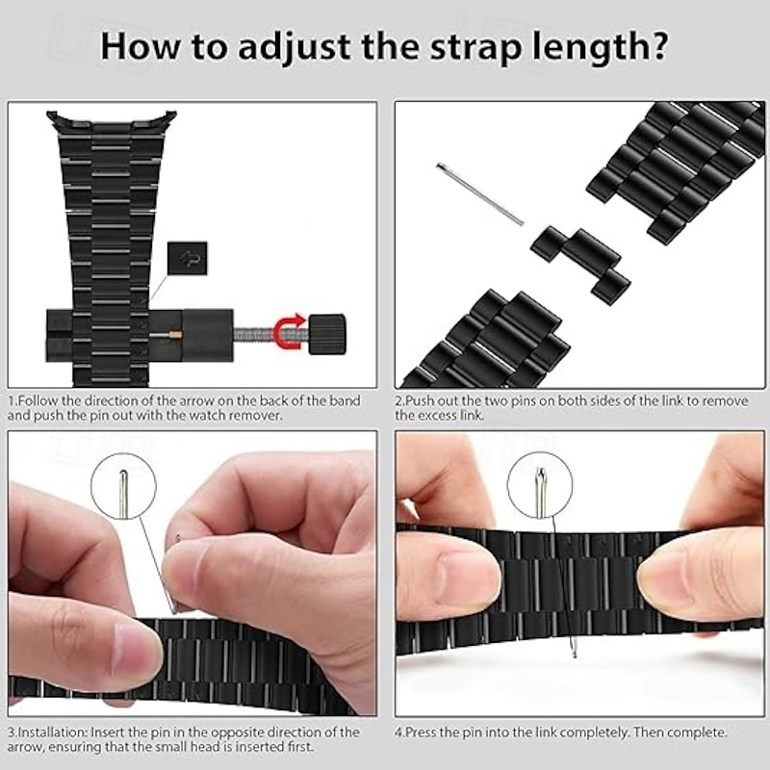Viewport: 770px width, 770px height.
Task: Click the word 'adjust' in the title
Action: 295,47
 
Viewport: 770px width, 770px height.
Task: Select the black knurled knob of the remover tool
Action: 326,334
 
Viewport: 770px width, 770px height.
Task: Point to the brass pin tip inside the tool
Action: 177,335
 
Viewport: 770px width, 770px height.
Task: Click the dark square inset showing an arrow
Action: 187,258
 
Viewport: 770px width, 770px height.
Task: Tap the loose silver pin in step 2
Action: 479,194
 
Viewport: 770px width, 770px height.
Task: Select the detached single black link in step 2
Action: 580,263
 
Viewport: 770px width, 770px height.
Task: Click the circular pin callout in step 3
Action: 123,486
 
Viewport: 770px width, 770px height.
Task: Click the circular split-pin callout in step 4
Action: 540,484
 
